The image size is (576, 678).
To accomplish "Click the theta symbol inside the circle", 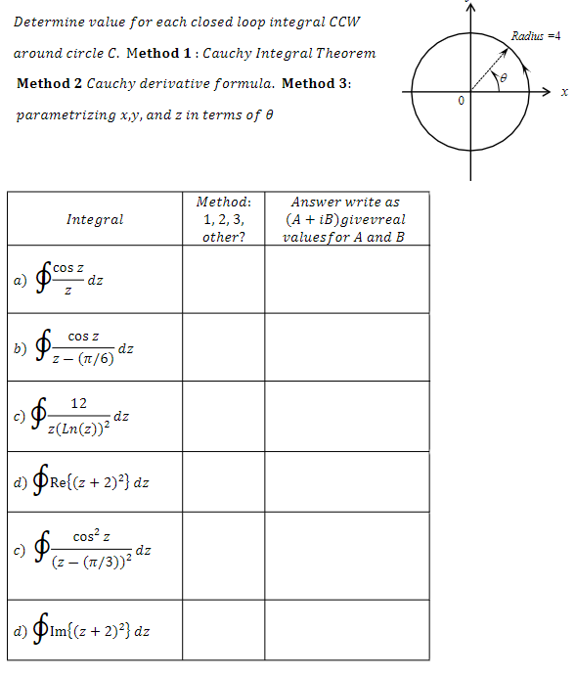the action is tap(507, 77).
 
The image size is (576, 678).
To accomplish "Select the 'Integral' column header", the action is tap(95, 219).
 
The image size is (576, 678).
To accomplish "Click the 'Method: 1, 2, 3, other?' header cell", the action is tap(223, 219).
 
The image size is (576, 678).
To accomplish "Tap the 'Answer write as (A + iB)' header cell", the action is tap(345, 219).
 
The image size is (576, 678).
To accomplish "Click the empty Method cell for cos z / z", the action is tap(223, 280).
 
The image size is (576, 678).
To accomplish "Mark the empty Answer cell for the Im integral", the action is tap(345, 629).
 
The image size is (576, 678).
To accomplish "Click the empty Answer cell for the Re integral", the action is tap(345, 483).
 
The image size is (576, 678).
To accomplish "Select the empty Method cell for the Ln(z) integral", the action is tap(223, 417).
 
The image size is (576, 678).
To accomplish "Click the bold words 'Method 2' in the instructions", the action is tap(49, 83).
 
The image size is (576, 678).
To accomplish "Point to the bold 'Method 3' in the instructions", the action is tap(315, 83).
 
